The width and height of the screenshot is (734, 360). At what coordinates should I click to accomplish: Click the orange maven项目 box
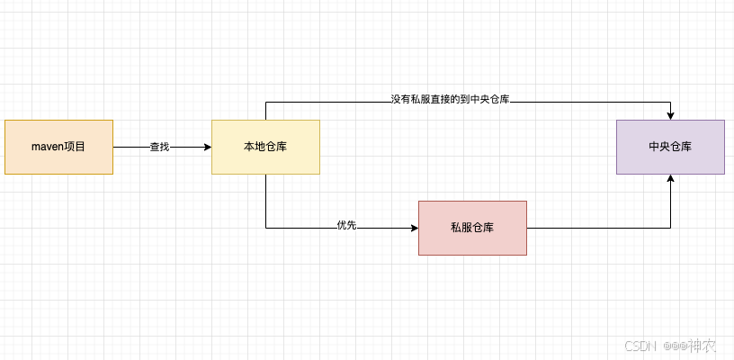click(58, 147)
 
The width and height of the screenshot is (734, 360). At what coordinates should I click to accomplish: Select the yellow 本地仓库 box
click(265, 147)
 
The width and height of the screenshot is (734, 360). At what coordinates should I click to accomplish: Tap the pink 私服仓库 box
click(472, 228)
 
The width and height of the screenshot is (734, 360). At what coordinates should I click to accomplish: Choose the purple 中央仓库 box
click(670, 147)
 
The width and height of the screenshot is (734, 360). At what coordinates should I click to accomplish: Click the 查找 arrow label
click(159, 147)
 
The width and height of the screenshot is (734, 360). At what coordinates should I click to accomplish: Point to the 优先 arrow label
click(346, 225)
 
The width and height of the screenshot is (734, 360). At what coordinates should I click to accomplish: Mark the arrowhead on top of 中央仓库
click(670, 115)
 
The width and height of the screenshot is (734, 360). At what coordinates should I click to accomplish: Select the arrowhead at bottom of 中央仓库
click(670, 179)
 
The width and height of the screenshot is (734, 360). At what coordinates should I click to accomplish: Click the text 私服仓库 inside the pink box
click(472, 228)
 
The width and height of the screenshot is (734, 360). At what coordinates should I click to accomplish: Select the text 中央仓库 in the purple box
click(670, 147)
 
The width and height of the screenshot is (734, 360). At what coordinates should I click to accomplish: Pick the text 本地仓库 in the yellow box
click(265, 147)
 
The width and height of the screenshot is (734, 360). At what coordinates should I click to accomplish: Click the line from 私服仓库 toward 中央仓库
click(598, 228)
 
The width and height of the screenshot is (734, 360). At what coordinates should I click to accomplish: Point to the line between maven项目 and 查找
click(130, 147)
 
